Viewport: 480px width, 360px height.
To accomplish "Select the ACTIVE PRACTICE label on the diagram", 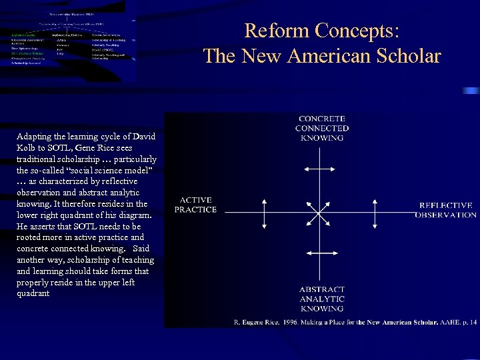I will click(x=195, y=205).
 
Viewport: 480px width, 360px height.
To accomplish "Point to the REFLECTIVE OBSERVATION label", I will click(x=446, y=210).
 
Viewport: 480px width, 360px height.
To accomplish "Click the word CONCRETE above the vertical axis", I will click(x=321, y=119).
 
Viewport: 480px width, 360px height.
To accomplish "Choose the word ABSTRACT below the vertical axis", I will click(x=322, y=290).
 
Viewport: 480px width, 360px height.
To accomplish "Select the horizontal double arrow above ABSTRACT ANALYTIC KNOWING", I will click(x=321, y=253).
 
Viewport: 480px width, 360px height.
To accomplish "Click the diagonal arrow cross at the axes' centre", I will click(x=321, y=212).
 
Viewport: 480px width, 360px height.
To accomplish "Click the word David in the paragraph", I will click(x=142, y=137).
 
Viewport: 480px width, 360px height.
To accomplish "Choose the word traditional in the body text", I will click(x=39, y=159).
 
